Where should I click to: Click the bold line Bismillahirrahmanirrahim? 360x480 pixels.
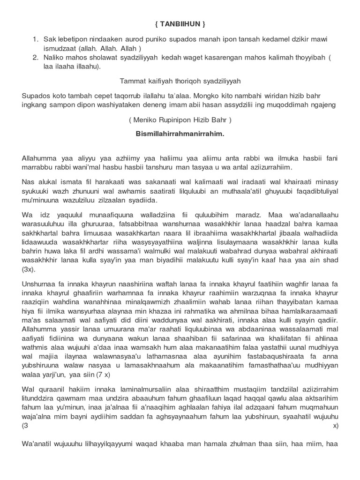pyautogui.click(x=180, y=134)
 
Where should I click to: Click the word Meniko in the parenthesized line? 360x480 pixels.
pyautogui.click(x=146, y=120)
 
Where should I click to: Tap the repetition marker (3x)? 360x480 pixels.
pyautogui.click(x=28, y=270)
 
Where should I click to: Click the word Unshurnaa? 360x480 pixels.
pyautogui.click(x=39, y=284)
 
